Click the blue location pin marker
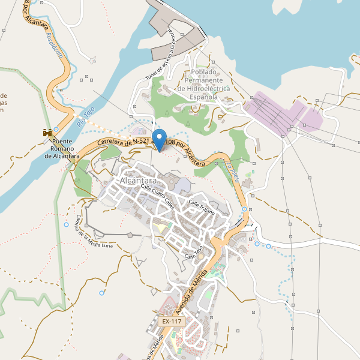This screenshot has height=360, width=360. [159, 140]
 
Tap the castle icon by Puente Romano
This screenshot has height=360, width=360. [46, 132]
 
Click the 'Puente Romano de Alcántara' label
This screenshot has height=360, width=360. [62, 149]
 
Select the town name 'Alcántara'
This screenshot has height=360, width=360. [138, 181]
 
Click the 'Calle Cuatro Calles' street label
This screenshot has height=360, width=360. [157, 196]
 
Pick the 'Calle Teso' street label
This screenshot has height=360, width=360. [195, 253]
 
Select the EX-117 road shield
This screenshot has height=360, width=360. [172, 322]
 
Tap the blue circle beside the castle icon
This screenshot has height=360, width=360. [56, 129]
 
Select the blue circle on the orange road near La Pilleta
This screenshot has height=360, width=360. [244, 209]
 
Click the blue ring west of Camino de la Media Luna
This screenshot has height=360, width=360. [66, 224]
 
